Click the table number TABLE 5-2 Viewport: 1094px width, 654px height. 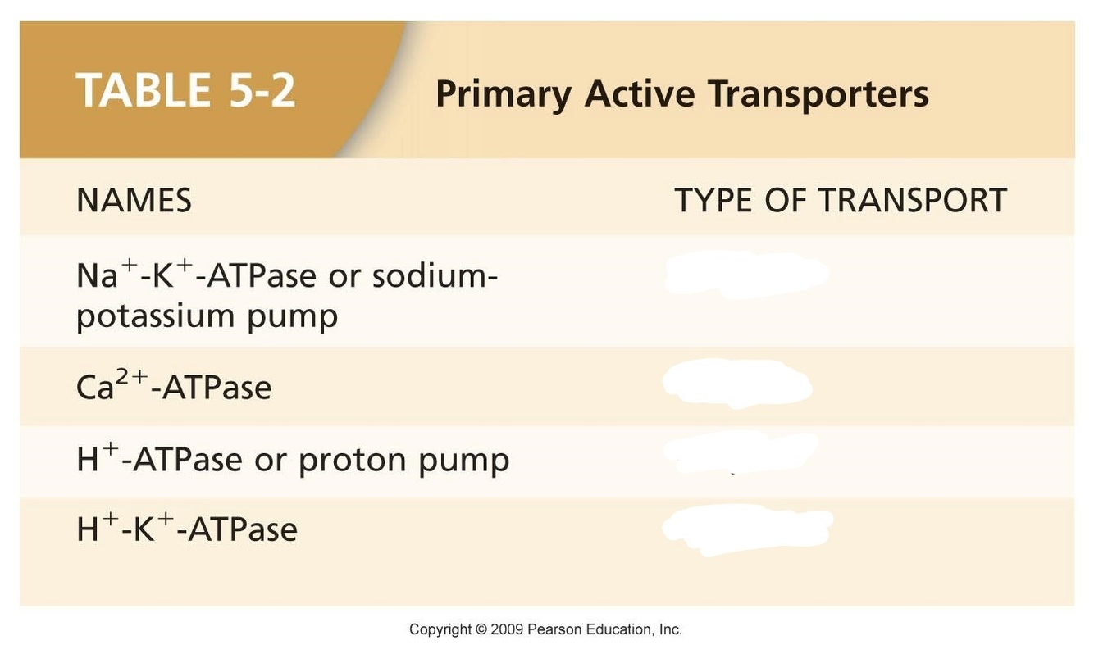185,89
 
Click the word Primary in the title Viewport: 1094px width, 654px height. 504,95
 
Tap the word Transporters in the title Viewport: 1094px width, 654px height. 818,93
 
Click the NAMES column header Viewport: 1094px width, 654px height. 134,200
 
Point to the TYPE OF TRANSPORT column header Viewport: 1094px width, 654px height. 841,200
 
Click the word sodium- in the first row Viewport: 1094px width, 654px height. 435,275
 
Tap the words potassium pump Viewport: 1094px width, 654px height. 207,316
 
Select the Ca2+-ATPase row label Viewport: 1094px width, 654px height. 174,385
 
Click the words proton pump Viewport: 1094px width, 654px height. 404,460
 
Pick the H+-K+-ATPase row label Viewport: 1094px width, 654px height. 187,528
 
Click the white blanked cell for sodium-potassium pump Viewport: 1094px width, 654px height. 746,275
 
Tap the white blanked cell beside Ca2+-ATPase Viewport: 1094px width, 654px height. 737,384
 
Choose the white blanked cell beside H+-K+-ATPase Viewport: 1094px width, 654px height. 747,530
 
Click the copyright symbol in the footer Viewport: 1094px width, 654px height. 481,629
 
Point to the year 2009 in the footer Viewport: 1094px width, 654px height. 507,629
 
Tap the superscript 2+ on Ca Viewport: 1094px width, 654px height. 132,376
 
